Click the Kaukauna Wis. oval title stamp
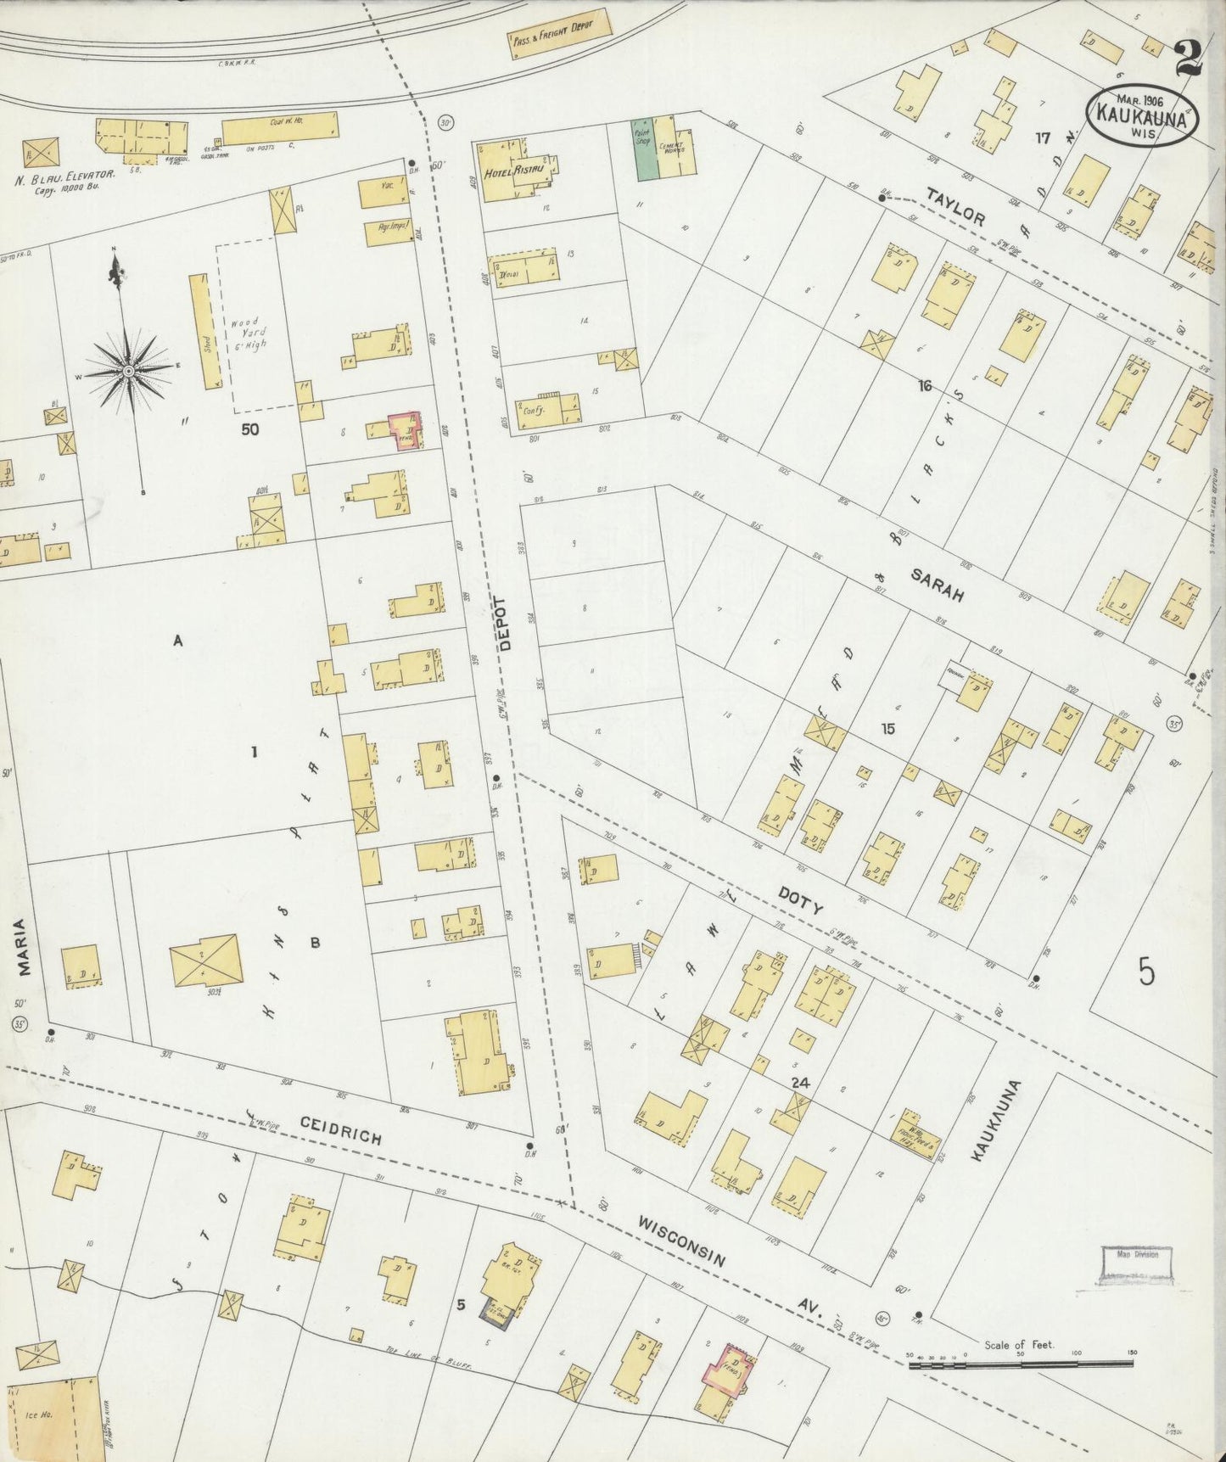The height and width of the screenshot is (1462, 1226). point(1143,114)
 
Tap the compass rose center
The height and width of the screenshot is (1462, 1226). point(128,371)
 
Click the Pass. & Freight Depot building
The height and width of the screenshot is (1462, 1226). point(561,36)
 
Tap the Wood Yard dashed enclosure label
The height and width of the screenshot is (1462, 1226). point(246,333)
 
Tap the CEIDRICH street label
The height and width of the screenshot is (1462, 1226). point(340,1131)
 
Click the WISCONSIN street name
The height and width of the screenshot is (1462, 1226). point(680,1242)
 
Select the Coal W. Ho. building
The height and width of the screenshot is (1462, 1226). point(280,128)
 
